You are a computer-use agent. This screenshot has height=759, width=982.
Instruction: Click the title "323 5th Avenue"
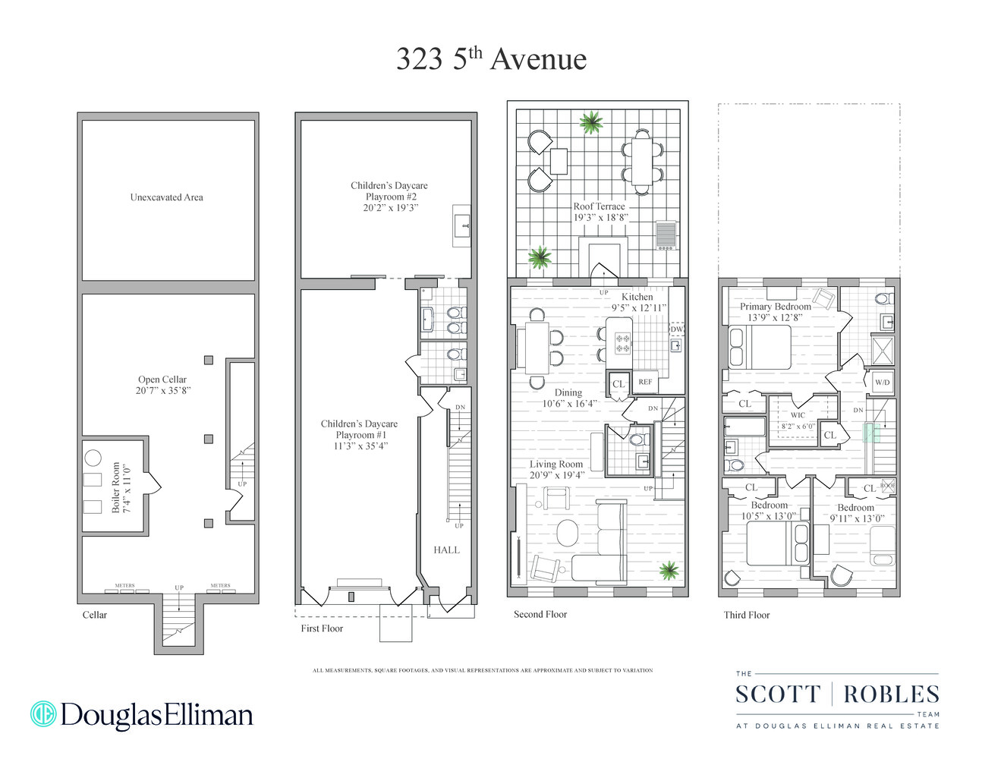click(x=491, y=59)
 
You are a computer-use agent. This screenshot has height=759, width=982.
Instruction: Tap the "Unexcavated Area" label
click(x=166, y=197)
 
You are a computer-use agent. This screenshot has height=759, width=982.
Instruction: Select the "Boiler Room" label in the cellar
click(x=121, y=487)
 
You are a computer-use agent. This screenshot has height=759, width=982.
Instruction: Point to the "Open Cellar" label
click(x=162, y=385)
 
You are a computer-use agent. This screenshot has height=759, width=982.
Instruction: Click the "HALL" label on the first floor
click(x=446, y=550)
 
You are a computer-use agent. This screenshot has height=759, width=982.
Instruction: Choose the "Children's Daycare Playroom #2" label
click(x=389, y=196)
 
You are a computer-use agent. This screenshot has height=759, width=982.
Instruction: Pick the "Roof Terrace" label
click(x=600, y=211)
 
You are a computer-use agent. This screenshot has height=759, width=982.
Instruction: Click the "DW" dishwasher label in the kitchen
click(x=677, y=329)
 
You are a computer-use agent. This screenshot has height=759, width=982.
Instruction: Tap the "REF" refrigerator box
click(x=645, y=382)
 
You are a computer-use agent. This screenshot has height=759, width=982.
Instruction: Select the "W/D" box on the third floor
click(x=882, y=382)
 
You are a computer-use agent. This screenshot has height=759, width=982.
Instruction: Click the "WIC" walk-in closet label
click(x=798, y=415)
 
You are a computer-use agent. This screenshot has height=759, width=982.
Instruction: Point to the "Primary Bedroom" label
click(x=775, y=311)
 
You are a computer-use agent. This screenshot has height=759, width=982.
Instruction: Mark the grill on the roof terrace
click(x=666, y=235)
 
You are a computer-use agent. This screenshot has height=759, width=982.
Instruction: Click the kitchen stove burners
click(x=622, y=342)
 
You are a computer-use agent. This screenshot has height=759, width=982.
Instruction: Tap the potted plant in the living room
click(x=669, y=570)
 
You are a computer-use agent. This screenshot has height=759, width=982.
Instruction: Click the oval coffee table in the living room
click(x=568, y=532)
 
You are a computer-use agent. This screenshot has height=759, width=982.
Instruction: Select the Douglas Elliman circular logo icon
click(x=43, y=714)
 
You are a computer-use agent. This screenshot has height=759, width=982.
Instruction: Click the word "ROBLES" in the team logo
click(x=891, y=694)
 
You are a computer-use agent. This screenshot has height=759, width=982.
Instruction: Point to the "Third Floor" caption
click(x=746, y=615)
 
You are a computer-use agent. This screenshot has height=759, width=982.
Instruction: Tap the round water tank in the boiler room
click(x=93, y=458)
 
